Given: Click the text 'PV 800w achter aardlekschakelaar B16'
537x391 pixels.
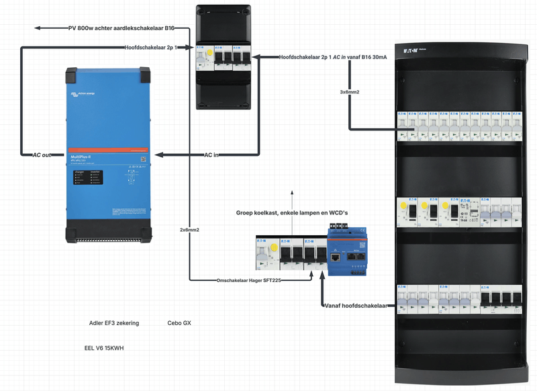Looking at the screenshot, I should click(121, 28).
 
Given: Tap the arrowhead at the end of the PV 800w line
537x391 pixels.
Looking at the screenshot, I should click(38, 28).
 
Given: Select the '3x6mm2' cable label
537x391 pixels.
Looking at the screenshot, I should click(351, 91).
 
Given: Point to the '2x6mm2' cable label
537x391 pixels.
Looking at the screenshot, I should click(190, 230).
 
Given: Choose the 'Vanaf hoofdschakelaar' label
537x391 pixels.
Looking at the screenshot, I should click(356, 306).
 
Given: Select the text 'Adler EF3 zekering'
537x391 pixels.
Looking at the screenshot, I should click(114, 323).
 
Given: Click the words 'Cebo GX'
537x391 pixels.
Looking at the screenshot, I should click(179, 323).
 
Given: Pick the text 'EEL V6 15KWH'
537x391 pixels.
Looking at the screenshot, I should click(104, 348).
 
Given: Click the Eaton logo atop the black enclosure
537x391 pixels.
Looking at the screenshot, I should click(410, 50).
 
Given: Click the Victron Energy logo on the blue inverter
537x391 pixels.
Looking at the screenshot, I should click(82, 95).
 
